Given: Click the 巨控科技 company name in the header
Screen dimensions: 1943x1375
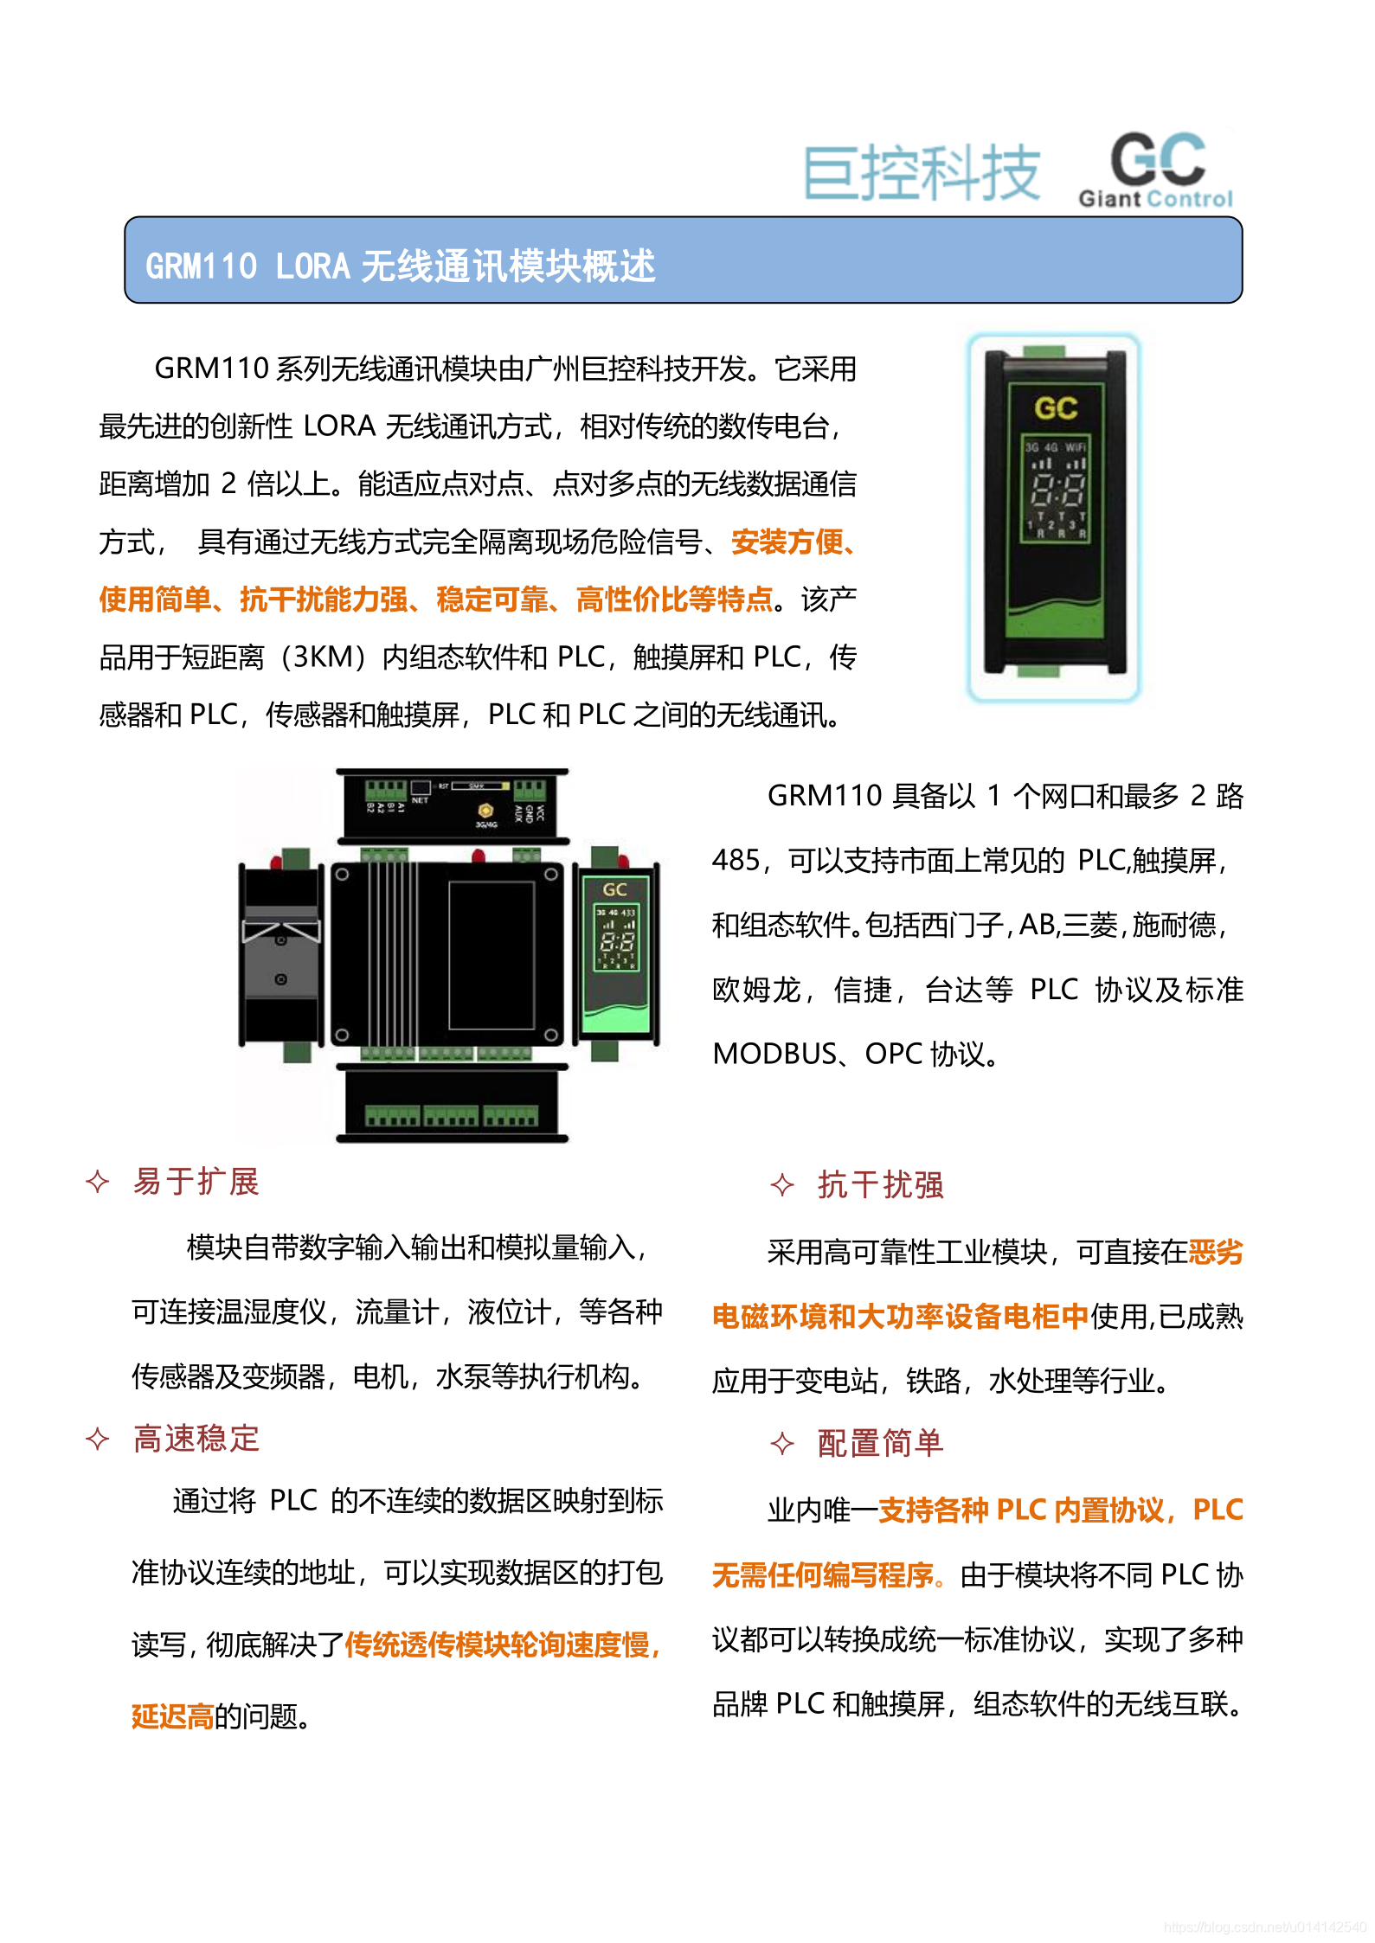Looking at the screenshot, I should pos(922,173).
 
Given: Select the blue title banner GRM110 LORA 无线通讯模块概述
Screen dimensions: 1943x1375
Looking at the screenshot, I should pos(683,260).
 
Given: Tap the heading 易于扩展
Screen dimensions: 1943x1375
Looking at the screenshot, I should pos(196,1182).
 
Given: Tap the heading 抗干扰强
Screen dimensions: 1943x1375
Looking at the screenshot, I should pos(880,1185).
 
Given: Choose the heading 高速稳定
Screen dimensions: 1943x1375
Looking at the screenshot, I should pos(196,1439).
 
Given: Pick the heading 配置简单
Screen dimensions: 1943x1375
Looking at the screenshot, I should pos(880,1443).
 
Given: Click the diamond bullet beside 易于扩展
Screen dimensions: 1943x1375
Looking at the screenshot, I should pos(98,1182).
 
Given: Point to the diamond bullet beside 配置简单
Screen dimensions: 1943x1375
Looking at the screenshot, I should pos(782,1444).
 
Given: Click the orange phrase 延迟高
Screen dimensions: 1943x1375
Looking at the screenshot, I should pos(172,1716).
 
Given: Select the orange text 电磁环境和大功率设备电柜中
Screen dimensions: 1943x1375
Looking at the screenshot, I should pos(900,1317).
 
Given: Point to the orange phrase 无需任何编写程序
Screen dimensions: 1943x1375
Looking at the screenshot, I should pos(824,1575).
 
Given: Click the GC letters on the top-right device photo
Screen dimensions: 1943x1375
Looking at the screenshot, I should pos(1056,407).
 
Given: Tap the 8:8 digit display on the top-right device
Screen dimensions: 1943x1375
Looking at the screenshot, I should pos(1057,492).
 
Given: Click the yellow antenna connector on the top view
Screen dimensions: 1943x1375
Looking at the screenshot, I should pos(485,811).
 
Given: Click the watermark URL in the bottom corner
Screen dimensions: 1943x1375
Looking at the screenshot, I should pos(1265,1927).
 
